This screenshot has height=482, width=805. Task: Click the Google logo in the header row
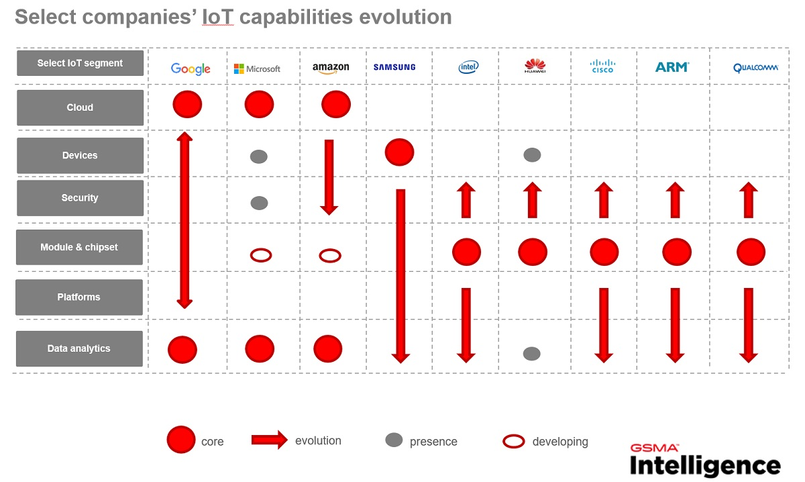tap(191, 68)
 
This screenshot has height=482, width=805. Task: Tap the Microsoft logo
tap(257, 68)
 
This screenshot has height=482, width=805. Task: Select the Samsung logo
tap(394, 67)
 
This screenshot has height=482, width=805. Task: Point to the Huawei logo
tap(535, 66)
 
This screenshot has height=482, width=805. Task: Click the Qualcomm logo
tap(755, 68)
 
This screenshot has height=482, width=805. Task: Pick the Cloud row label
tap(80, 107)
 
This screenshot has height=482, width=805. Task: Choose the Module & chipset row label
tap(79, 247)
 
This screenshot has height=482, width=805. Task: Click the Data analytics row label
tap(79, 348)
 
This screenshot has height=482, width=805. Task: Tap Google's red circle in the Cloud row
tap(187, 105)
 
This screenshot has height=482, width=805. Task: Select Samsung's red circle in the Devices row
tap(399, 152)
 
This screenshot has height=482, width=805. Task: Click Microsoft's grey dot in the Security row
tap(259, 203)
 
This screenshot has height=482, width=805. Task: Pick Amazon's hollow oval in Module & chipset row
tap(329, 255)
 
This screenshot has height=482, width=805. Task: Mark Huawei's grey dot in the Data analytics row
tap(532, 353)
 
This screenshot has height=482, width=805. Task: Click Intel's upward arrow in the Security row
tap(466, 200)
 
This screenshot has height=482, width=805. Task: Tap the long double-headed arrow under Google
tap(184, 220)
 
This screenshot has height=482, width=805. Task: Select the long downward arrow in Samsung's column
tap(400, 275)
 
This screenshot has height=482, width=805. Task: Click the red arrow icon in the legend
tap(269, 440)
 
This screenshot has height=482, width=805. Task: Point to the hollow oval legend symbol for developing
tap(513, 441)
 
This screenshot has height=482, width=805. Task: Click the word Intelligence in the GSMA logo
tap(704, 465)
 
